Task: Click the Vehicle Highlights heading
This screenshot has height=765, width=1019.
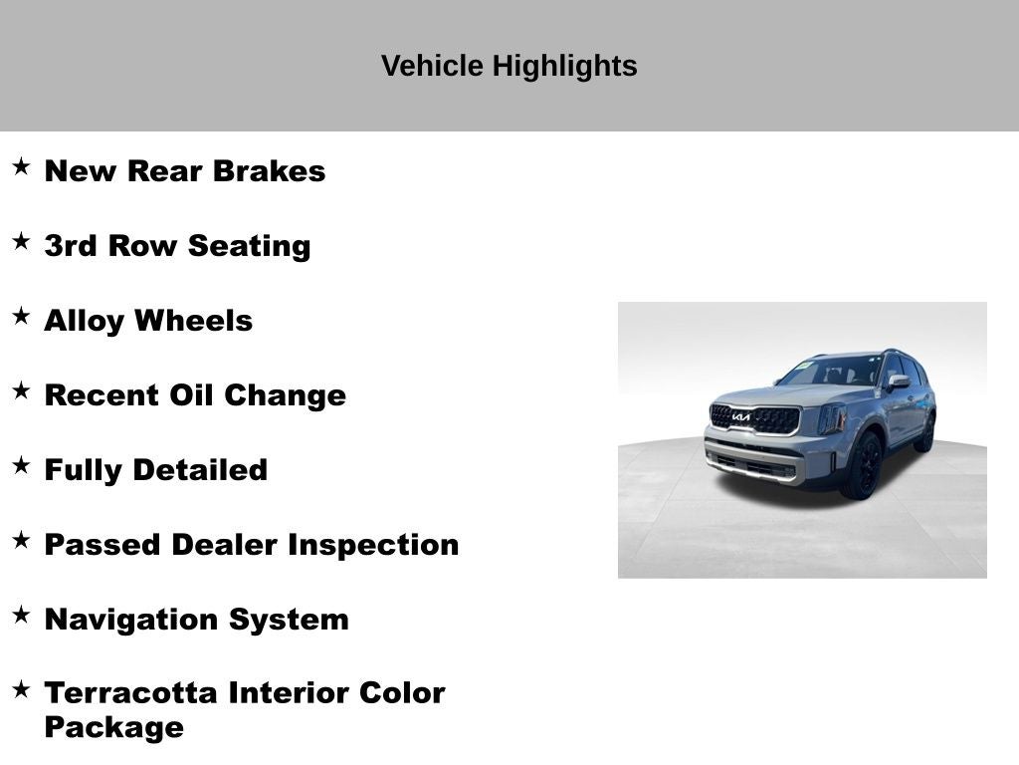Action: (509, 66)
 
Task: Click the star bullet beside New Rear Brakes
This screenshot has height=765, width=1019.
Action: (21, 166)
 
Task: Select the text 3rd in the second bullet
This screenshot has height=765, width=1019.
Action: (70, 246)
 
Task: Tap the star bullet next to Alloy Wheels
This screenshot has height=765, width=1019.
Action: (21, 316)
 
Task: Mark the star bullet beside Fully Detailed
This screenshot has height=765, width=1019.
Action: (21, 465)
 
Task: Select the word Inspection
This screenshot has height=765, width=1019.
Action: (373, 545)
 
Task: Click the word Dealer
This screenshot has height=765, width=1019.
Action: (225, 545)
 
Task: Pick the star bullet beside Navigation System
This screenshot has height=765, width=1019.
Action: (21, 615)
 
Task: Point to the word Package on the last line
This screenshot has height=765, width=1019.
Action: (113, 727)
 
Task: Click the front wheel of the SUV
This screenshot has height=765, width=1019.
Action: (862, 466)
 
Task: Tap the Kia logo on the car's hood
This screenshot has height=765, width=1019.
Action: (741, 416)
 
